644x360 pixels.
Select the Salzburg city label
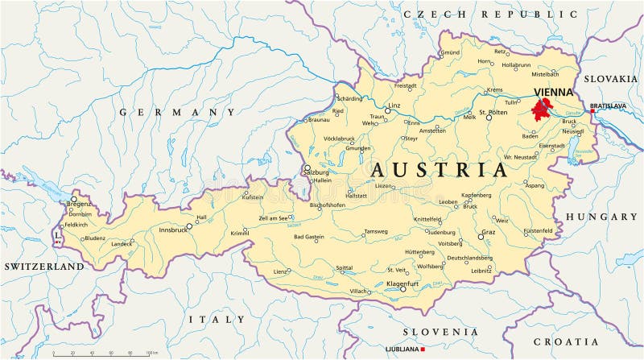point(316,172)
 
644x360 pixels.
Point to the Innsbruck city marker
point(189,226)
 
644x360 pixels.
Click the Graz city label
point(488,233)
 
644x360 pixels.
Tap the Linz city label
point(394,106)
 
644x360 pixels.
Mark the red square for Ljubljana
point(423,350)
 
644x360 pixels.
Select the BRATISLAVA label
point(608,106)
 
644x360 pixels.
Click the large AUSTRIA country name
point(439,170)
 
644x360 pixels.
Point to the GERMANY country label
point(177,112)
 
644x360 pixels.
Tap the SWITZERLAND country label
point(44,266)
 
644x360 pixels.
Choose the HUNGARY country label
point(601,217)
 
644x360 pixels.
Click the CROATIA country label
point(588,341)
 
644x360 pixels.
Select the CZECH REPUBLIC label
point(490,14)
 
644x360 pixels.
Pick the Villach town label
point(357,291)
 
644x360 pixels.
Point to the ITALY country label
point(217,319)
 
